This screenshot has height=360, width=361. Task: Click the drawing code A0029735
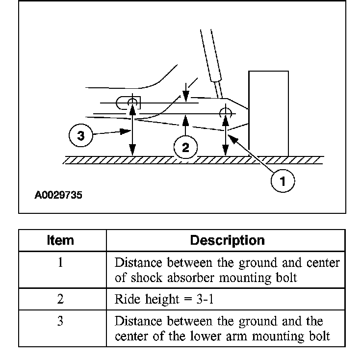tap(58, 195)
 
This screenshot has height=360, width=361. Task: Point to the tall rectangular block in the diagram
tap(268, 113)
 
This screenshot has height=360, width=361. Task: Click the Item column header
tap(60, 240)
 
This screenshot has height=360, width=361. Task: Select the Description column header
tap(227, 240)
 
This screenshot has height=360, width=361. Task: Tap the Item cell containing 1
tap(60, 262)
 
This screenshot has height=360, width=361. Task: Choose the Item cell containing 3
tap(60, 321)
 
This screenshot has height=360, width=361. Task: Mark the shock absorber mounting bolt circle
tap(226, 112)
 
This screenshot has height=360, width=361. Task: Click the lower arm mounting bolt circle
tap(131, 103)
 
